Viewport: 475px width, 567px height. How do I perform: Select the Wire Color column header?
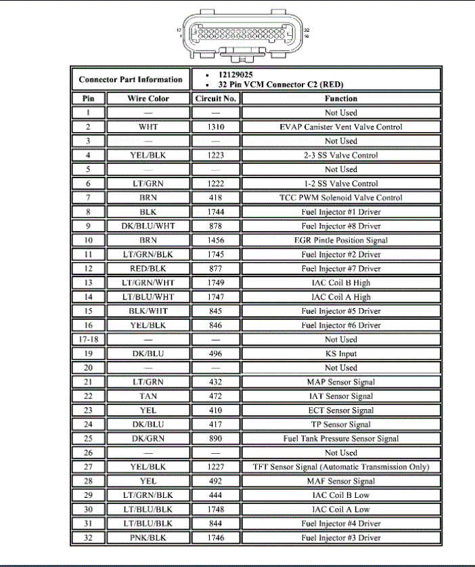[148, 98]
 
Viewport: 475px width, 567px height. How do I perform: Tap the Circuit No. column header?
[216, 98]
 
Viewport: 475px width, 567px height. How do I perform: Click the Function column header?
[340, 98]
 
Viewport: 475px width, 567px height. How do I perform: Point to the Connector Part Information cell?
[131, 79]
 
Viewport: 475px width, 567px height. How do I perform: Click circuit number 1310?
[216, 127]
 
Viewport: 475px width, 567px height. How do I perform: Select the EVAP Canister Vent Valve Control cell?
[340, 127]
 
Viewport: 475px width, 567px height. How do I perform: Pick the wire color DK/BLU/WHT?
[148, 226]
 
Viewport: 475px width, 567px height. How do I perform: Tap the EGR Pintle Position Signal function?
[340, 240]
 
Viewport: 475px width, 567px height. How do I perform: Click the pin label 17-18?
[88, 339]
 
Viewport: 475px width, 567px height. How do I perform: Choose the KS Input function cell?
[340, 354]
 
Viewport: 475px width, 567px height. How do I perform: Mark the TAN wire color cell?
[148, 396]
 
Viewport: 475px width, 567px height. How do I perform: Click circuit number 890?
[216, 438]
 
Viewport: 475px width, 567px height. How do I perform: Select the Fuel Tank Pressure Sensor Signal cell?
[340, 438]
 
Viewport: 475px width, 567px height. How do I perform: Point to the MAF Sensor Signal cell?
[340, 481]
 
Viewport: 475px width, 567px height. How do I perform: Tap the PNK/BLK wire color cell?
[148, 538]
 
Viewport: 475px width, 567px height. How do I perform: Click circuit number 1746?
[216, 538]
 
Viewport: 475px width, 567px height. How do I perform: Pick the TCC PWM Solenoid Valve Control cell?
[340, 198]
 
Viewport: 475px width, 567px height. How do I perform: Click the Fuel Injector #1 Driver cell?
[340, 211]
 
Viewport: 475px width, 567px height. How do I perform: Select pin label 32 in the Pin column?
[88, 538]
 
